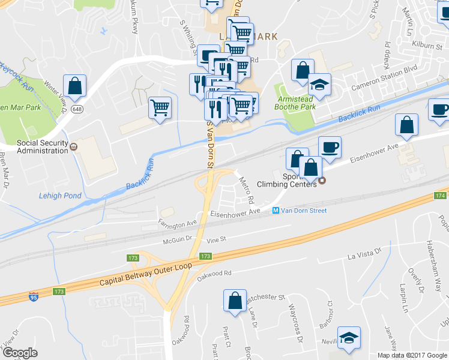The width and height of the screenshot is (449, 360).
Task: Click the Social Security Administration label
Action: tap(42, 146)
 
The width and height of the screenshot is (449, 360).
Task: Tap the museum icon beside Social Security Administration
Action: tap(74, 146)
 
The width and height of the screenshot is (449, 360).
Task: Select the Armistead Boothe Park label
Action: tap(295, 102)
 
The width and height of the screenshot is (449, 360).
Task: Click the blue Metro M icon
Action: tap(276, 211)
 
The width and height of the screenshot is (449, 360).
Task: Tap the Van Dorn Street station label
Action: tap(305, 211)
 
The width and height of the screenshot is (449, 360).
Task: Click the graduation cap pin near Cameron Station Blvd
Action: tap(320, 84)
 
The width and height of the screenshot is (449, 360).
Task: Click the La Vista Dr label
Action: tap(365, 254)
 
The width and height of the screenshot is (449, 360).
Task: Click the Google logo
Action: tap(20, 353)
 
